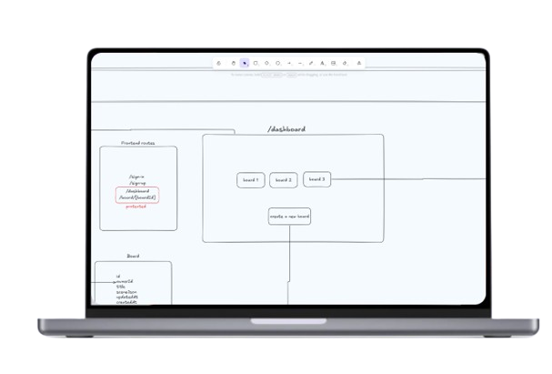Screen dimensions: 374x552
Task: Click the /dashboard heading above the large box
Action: tap(286, 129)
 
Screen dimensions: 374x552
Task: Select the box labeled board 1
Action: tap(251, 180)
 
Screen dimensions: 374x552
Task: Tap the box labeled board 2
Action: tap(283, 180)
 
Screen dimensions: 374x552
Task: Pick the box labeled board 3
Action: tap(316, 179)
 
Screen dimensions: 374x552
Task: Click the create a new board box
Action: tap(290, 217)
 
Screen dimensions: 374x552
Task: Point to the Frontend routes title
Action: tap(138, 143)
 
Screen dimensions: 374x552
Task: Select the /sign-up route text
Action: tap(138, 184)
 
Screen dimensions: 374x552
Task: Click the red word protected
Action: tap(136, 207)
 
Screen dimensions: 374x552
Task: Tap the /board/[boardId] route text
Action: tap(137, 197)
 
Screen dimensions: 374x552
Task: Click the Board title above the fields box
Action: tap(133, 256)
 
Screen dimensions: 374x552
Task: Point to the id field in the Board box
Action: tap(119, 276)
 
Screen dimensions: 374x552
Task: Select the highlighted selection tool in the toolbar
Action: tap(245, 63)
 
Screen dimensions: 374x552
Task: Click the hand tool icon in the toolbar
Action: tap(233, 63)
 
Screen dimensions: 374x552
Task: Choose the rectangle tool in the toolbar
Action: tap(256, 63)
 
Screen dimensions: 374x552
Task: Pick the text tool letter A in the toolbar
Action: tap(323, 63)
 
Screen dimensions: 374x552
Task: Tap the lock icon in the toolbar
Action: tap(219, 63)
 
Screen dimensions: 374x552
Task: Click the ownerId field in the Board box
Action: tap(125, 281)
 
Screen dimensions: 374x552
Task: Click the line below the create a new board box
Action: tap(290, 264)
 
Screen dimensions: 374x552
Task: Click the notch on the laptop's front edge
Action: tap(276, 321)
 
